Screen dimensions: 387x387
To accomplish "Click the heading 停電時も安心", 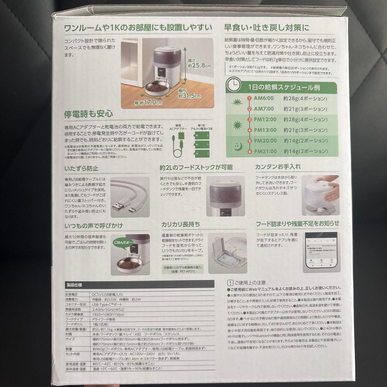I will (83, 115).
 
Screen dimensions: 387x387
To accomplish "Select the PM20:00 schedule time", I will (266, 140).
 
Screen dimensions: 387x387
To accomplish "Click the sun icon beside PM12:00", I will (237, 125).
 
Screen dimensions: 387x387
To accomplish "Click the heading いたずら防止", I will (81, 168).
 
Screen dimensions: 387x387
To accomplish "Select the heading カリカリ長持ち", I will (181, 224).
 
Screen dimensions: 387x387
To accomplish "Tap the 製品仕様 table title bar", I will (140, 285).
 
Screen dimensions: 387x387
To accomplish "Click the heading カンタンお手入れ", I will (278, 167).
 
